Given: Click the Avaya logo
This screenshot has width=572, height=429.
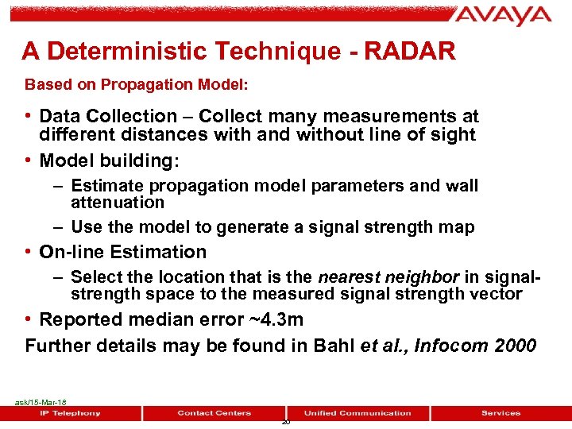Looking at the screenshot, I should [x=502, y=15].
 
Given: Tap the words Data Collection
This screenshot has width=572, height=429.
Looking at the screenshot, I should [x=108, y=116].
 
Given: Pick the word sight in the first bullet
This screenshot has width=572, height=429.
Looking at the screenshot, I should [x=452, y=134].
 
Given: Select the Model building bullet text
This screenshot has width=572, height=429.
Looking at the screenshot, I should [x=110, y=160].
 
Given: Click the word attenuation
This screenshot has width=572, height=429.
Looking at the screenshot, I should [x=118, y=202].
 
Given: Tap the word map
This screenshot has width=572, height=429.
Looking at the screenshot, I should [x=458, y=227].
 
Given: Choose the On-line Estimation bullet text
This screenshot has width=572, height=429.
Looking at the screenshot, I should [x=122, y=252].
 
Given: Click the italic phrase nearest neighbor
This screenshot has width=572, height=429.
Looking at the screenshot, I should [x=388, y=277].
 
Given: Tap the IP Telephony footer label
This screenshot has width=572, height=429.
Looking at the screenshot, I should [x=71, y=412].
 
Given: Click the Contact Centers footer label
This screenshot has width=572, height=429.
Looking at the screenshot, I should [x=214, y=412].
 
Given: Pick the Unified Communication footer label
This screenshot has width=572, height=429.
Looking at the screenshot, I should [x=357, y=412].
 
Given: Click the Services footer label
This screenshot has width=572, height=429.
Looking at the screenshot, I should [x=500, y=412].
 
